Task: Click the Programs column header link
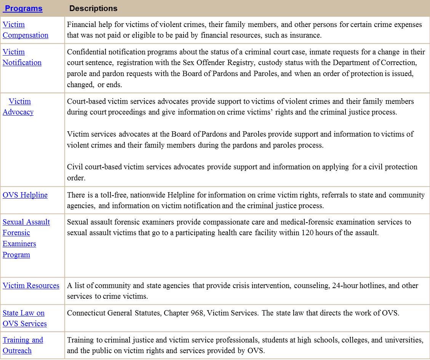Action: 23,8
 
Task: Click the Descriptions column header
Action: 93,8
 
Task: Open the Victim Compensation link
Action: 25,30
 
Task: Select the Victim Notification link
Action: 22,57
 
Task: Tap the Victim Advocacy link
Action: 18,107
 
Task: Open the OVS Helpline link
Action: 25,195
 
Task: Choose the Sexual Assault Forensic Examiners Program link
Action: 26,238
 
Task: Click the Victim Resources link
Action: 31,285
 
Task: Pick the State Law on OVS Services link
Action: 24,318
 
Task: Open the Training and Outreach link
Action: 22,345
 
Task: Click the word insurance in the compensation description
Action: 305,35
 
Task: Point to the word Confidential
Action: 87,52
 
